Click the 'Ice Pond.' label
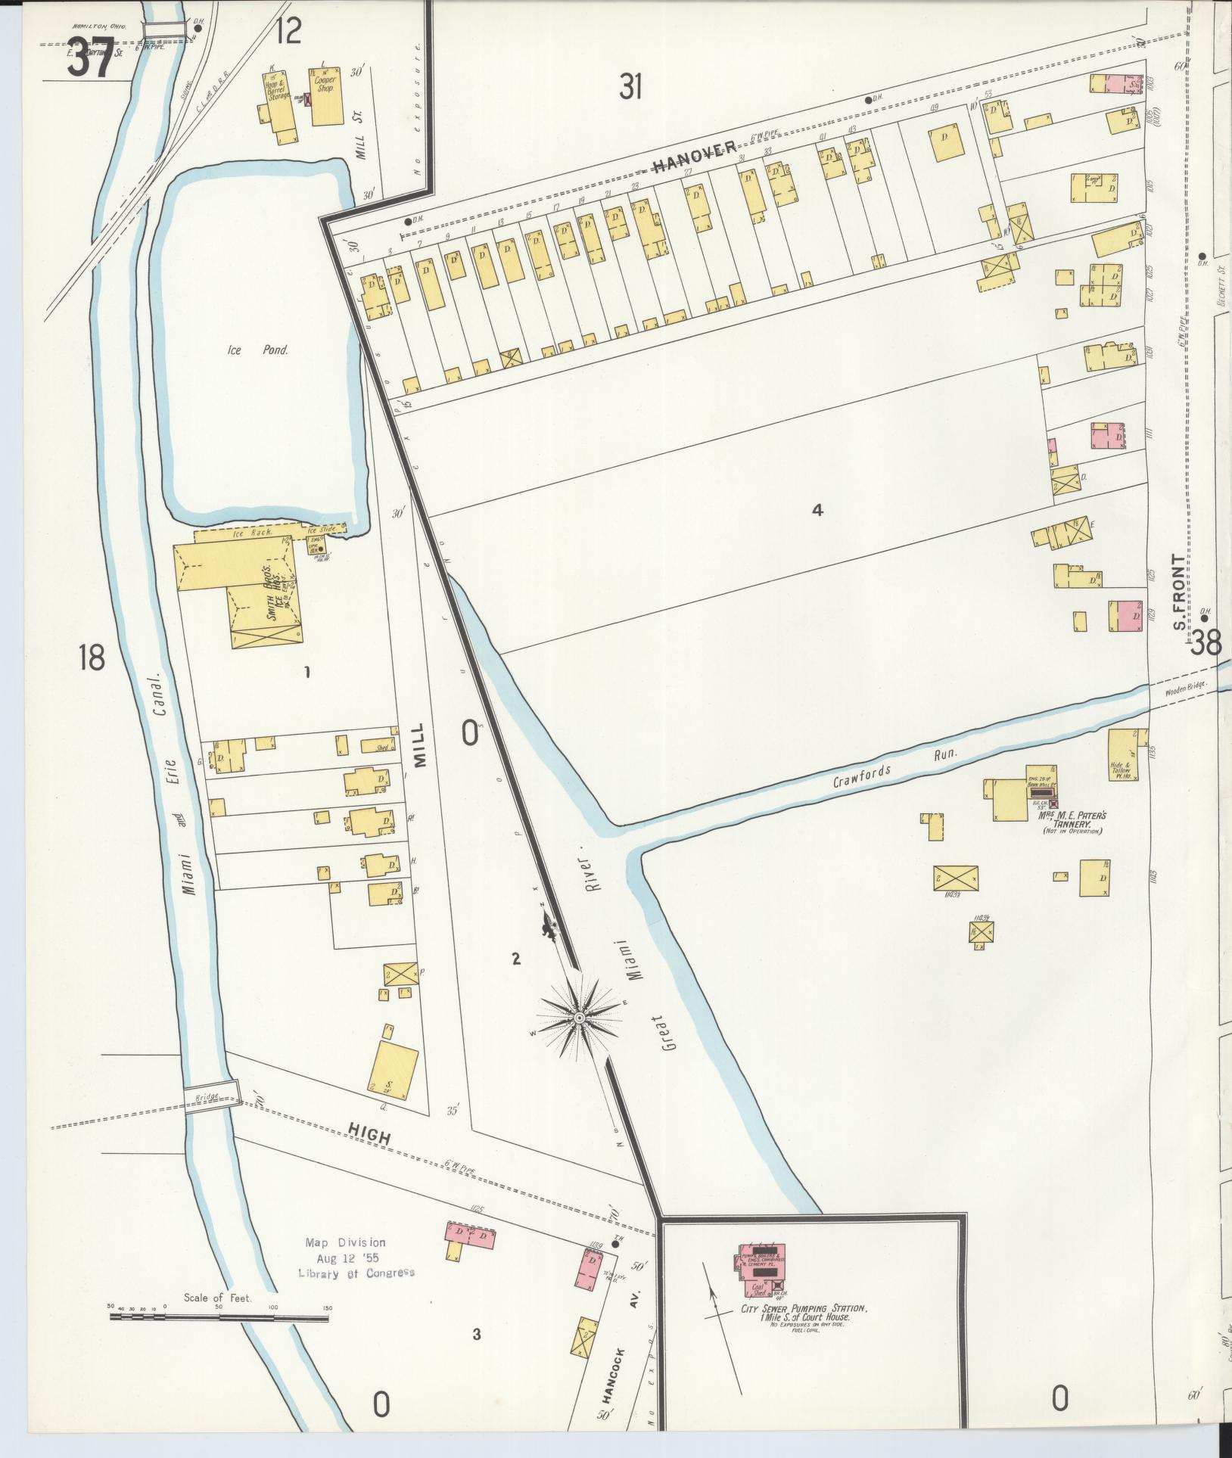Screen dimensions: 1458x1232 (x=258, y=350)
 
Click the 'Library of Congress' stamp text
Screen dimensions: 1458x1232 (x=356, y=1272)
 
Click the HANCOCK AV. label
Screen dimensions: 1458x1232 (x=621, y=1382)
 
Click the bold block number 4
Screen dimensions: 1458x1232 (x=817, y=510)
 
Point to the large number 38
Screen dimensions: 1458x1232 (x=1206, y=644)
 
